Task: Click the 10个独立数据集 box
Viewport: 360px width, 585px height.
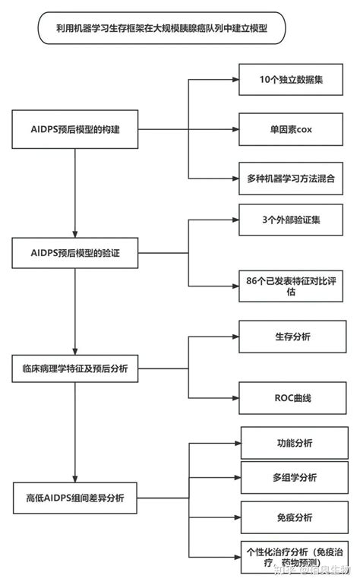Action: click(x=283, y=79)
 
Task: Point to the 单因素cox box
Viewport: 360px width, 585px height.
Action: click(x=283, y=129)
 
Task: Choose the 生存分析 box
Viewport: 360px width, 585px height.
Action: click(x=283, y=336)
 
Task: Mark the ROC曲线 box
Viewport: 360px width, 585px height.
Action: click(x=283, y=397)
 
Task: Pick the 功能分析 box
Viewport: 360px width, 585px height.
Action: click(x=283, y=443)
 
